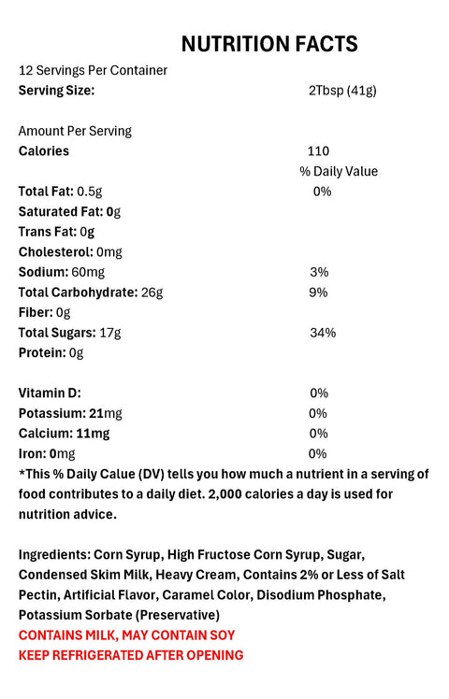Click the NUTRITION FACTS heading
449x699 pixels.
click(268, 44)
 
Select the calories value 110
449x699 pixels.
click(318, 150)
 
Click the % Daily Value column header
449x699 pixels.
click(339, 171)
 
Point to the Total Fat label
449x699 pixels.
click(45, 192)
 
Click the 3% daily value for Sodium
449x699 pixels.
click(319, 272)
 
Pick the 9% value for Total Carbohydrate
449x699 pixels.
click(319, 292)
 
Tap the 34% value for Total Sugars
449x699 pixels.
click(323, 333)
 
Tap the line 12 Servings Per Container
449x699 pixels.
click(93, 71)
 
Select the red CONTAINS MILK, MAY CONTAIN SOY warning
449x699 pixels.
click(126, 635)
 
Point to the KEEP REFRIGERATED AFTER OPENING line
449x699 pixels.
click(131, 655)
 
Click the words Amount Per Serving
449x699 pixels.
click(75, 131)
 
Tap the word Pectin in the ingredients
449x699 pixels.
click(39, 594)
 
